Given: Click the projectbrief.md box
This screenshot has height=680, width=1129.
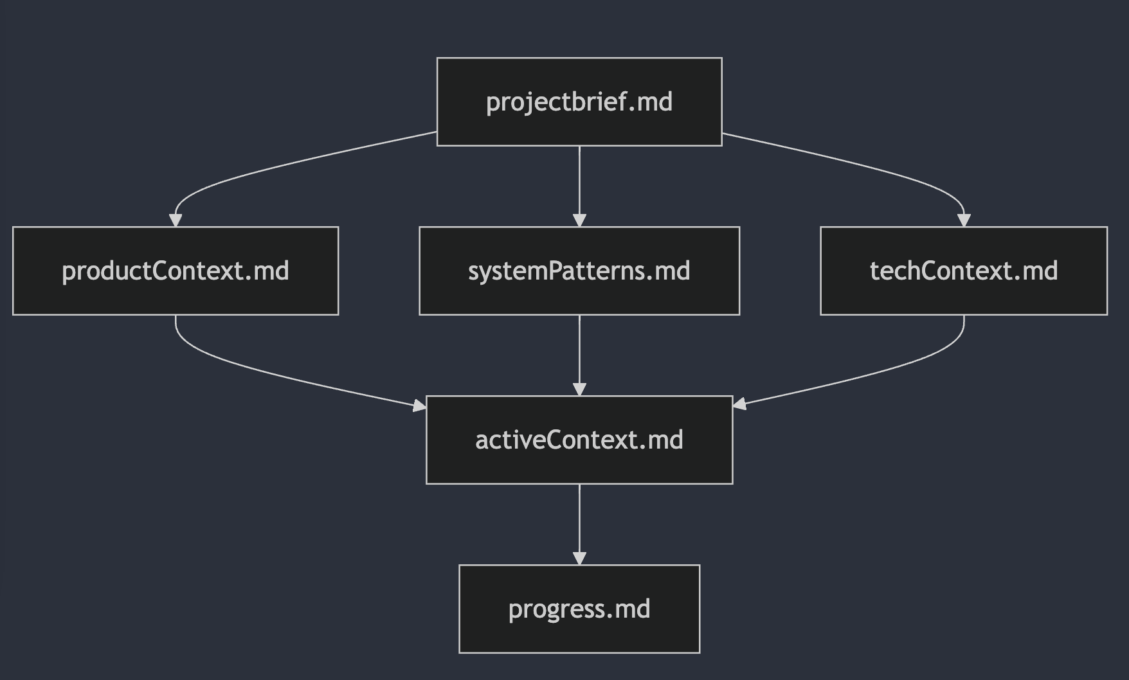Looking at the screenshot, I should tap(579, 102).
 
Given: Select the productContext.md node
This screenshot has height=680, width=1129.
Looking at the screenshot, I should tap(175, 271).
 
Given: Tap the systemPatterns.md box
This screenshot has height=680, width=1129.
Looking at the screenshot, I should tap(579, 271).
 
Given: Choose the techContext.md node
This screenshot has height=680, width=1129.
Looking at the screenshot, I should tap(963, 271).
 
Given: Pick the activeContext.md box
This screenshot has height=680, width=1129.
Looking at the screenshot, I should tap(579, 440).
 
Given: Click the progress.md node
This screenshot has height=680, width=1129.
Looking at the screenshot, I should tap(579, 609).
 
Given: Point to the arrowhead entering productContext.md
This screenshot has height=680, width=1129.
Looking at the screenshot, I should tap(176, 220).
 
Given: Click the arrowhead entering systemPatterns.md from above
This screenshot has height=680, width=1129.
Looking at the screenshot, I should tap(579, 220).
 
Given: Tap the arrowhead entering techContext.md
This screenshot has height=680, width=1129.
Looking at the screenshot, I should tap(963, 220).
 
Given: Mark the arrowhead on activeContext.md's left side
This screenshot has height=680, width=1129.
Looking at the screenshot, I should tap(419, 405).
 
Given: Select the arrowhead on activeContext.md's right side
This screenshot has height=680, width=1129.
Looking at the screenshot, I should tap(739, 404).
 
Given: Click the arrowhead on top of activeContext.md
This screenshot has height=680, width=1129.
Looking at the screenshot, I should tap(579, 389).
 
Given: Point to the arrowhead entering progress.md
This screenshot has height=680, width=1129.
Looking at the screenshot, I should tap(579, 558).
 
